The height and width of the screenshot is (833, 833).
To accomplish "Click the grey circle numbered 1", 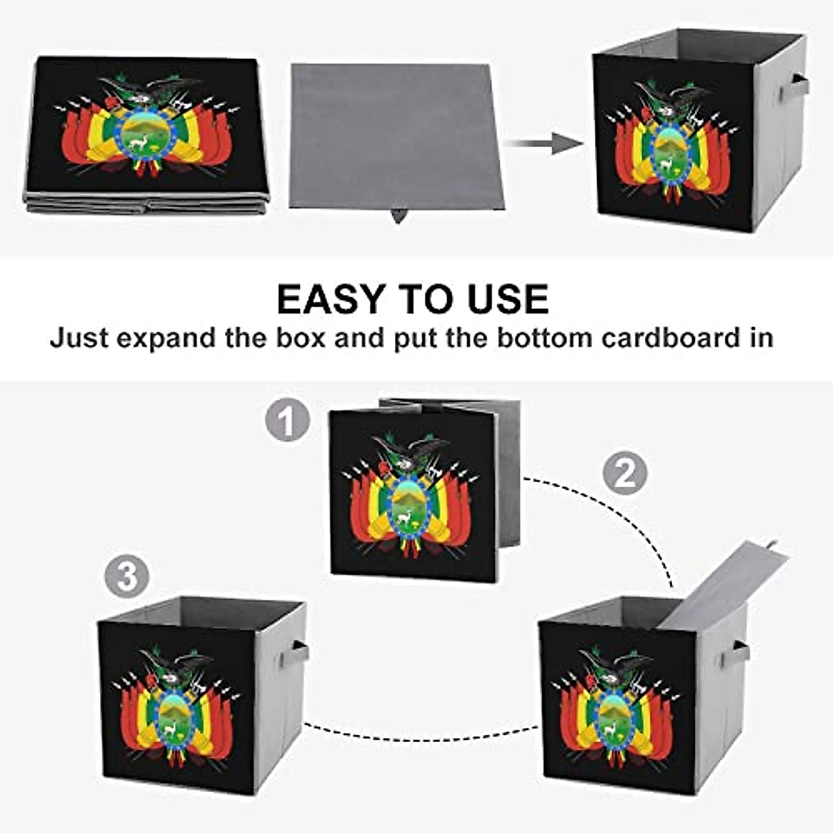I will [x=287, y=421].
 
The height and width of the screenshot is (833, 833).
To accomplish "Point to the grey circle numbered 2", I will [x=624, y=473].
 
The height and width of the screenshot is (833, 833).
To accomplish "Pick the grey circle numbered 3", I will [x=127, y=576].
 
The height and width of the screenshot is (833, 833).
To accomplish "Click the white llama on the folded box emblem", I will [x=140, y=142].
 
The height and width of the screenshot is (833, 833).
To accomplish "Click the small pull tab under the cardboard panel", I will [x=398, y=215].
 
